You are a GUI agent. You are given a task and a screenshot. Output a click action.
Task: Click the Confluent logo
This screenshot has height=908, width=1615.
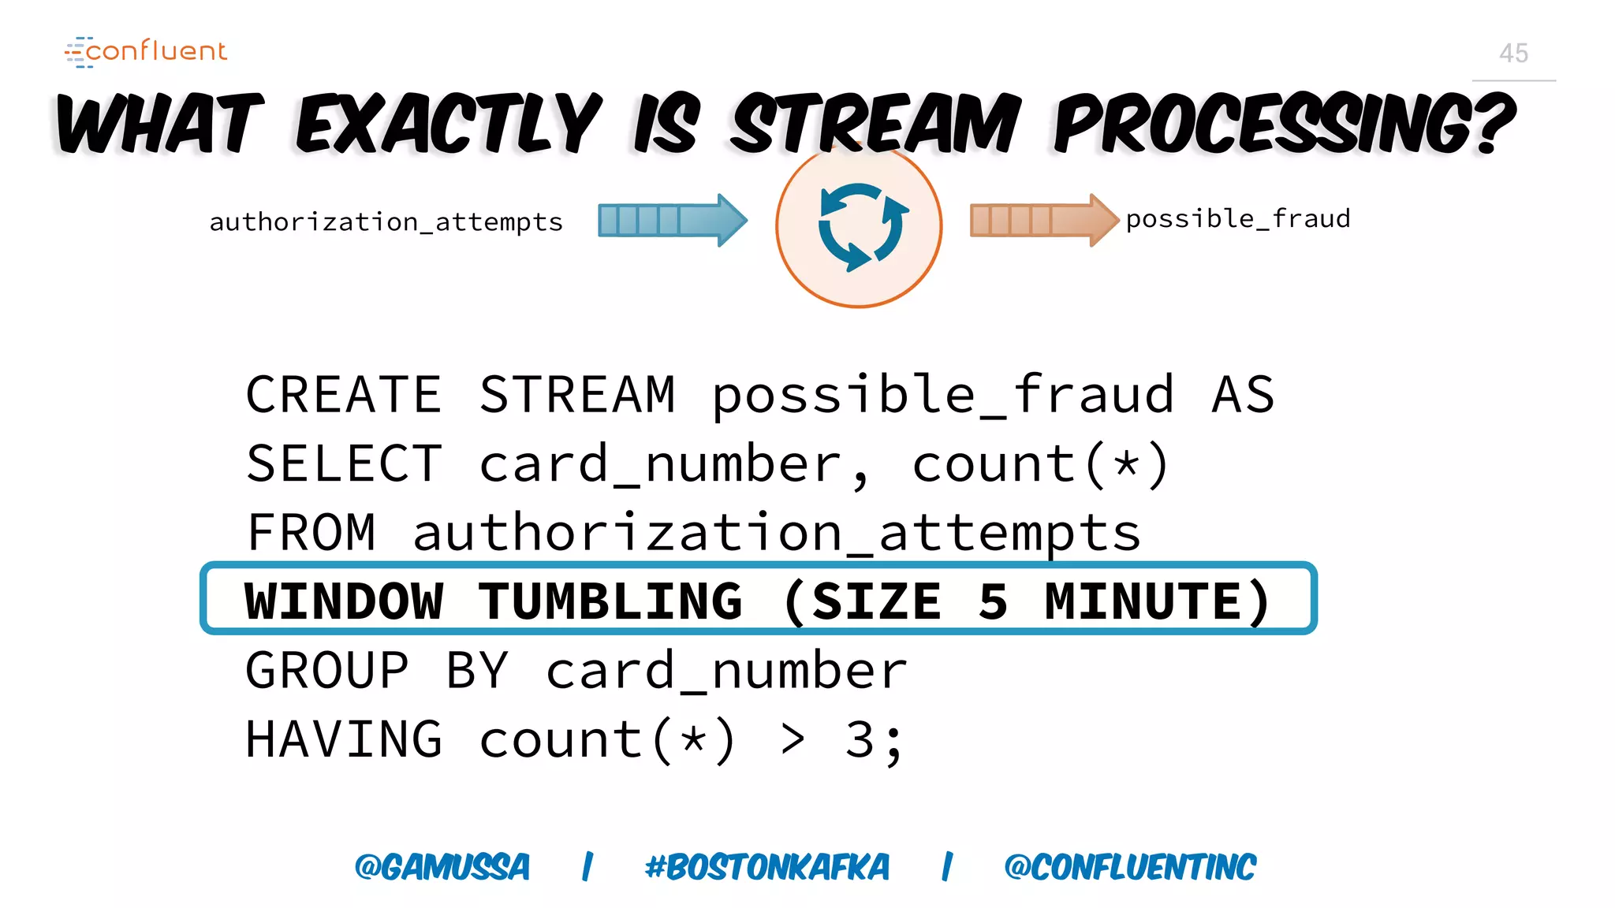(147, 51)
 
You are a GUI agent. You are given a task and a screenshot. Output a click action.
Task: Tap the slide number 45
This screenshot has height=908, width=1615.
(1513, 54)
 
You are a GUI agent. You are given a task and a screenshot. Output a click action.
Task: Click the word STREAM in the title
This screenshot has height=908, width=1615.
(875, 124)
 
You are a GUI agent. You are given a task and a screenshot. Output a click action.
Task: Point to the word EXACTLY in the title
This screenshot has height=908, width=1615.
(449, 124)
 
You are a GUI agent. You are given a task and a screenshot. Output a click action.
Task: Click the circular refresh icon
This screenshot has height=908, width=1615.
(859, 227)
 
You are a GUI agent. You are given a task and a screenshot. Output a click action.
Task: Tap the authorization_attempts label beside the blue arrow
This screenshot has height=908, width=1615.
(386, 222)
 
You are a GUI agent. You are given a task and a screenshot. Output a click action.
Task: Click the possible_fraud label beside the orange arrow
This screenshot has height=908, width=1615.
(1237, 219)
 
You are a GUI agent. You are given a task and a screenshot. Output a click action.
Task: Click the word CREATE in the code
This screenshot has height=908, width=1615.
(344, 394)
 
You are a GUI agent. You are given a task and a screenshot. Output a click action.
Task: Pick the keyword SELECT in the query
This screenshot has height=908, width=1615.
(344, 463)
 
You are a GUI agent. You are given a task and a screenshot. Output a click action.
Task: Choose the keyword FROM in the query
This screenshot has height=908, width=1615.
(311, 533)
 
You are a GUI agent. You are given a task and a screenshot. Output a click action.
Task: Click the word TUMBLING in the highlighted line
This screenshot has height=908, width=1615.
(610, 601)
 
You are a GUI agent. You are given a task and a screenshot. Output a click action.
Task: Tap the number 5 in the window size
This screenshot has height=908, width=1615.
(993, 601)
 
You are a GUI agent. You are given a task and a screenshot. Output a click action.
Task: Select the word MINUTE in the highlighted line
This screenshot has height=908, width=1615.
(1144, 601)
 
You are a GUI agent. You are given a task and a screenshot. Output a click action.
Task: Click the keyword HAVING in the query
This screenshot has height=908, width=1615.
(344, 739)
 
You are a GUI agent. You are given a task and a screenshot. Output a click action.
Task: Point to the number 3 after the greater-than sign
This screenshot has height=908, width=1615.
(860, 739)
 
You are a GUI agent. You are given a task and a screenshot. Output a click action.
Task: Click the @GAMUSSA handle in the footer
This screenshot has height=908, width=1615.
(442, 867)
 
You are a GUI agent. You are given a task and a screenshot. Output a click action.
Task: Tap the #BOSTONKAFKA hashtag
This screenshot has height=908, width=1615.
(766, 867)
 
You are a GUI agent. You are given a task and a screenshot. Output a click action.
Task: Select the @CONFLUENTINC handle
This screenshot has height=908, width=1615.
(1129, 867)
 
